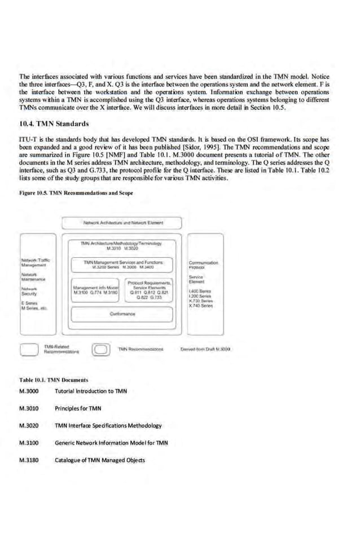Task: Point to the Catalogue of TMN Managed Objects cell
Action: tap(100, 460)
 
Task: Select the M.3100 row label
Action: tap(29, 443)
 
